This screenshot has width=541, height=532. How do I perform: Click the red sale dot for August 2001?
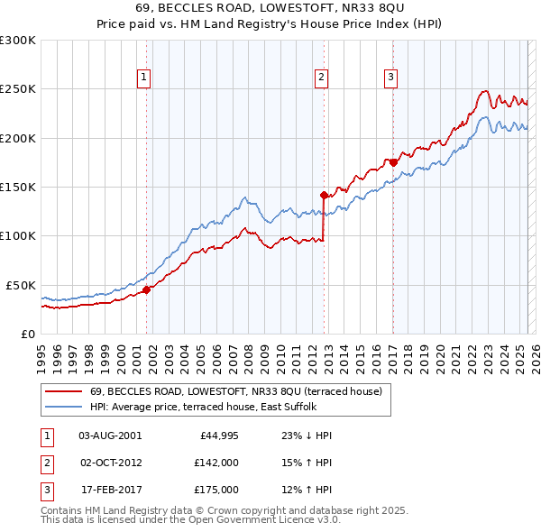[x=146, y=289]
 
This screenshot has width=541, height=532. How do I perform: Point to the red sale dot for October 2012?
[x=324, y=194]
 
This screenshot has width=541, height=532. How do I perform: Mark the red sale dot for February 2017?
[x=393, y=162]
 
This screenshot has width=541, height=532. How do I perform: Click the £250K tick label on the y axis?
[x=18, y=89]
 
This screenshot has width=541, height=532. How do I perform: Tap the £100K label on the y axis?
[x=18, y=236]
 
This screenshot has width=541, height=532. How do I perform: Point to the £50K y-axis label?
[x=21, y=285]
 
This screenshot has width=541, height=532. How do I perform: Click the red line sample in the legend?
[x=63, y=391]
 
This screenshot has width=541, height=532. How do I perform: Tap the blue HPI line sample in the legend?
[x=63, y=407]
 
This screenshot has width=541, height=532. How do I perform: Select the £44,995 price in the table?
[x=215, y=435]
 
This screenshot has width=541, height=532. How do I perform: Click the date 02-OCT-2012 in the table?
[x=111, y=462]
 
